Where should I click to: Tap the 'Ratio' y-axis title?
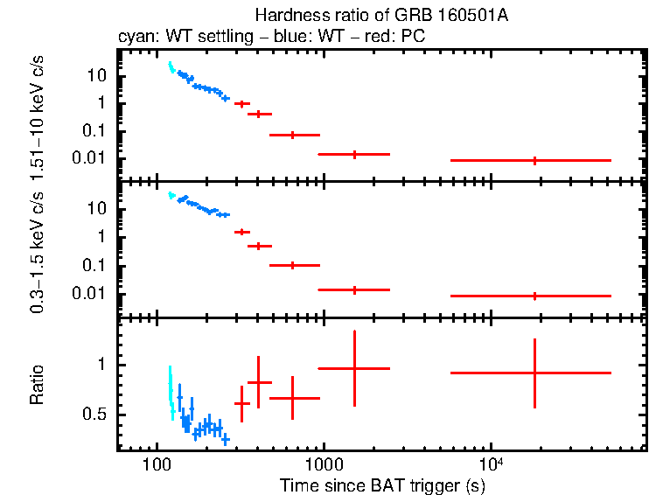[38, 387]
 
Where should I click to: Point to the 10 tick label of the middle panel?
[98, 210]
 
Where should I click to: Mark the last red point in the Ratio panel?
[534, 373]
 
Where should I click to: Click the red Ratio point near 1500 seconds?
[354, 369]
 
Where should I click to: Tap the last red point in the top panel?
[534, 161]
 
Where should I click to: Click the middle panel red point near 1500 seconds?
[354, 289]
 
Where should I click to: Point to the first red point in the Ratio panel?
[242, 403]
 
